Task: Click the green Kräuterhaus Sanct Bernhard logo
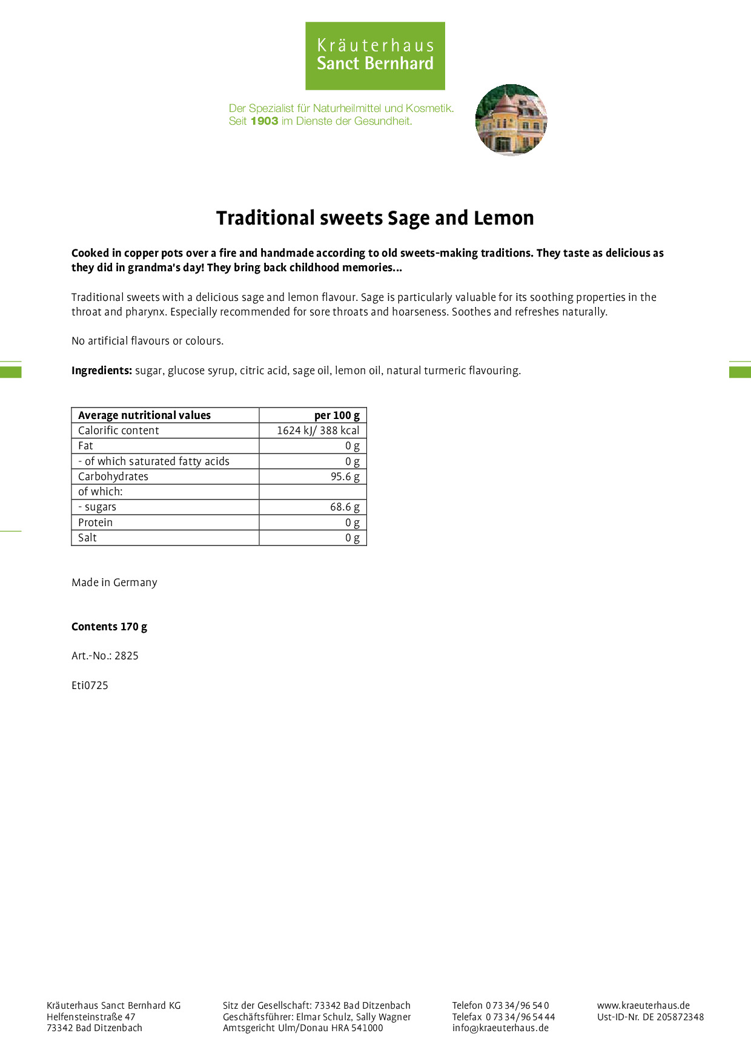(x=375, y=56)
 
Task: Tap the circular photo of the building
(x=511, y=119)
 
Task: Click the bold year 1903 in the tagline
(x=264, y=121)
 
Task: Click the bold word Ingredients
(x=101, y=371)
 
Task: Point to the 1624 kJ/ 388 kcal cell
(x=317, y=430)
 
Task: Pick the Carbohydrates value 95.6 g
(x=345, y=477)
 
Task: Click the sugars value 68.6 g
(x=345, y=507)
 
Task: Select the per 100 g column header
(x=337, y=415)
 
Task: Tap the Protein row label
(x=95, y=523)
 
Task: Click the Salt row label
(x=87, y=538)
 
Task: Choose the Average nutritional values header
(x=144, y=415)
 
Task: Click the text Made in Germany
(x=114, y=582)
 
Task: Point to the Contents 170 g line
(x=109, y=627)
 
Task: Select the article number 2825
(x=127, y=656)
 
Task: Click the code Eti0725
(x=90, y=685)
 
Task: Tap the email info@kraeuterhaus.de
(x=500, y=1027)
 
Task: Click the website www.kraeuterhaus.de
(x=643, y=1005)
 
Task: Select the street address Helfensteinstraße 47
(x=91, y=1017)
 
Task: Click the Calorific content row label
(x=118, y=430)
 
